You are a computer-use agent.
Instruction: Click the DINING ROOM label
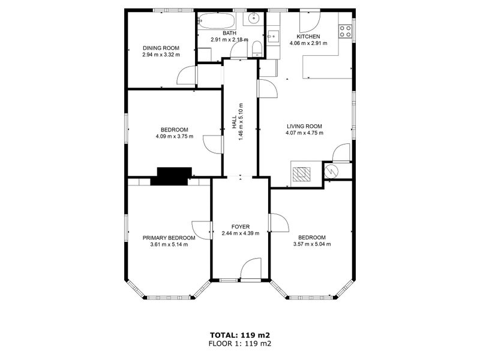pyautogui.click(x=161, y=48)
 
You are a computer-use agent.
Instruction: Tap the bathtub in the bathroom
pyautogui.click(x=216, y=20)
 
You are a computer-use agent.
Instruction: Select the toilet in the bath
pyautogui.click(x=256, y=49)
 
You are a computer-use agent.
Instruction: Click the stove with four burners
pyautogui.click(x=346, y=31)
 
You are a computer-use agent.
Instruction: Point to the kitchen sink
pyautogui.click(x=274, y=37)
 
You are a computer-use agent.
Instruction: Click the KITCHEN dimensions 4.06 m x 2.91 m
pyautogui.click(x=308, y=43)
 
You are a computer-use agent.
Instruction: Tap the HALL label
pyautogui.click(x=234, y=122)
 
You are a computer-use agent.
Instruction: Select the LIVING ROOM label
pyautogui.click(x=304, y=126)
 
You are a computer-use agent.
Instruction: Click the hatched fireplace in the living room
pyautogui.click(x=302, y=174)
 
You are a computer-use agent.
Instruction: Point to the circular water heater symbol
pyautogui.click(x=331, y=172)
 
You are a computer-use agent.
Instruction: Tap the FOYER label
pyautogui.click(x=241, y=227)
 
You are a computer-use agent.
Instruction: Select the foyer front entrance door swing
pyautogui.click(x=251, y=269)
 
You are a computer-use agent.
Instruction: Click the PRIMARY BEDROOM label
pyautogui.click(x=169, y=238)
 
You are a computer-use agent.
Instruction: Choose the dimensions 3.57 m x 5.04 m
pyautogui.click(x=312, y=244)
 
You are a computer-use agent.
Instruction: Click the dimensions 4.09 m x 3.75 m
pyautogui.click(x=175, y=137)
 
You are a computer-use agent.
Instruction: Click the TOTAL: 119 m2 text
pyautogui.click(x=239, y=335)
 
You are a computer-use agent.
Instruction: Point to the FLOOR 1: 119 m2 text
pyautogui.click(x=239, y=343)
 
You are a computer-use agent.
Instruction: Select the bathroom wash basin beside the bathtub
pyautogui.click(x=254, y=19)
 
